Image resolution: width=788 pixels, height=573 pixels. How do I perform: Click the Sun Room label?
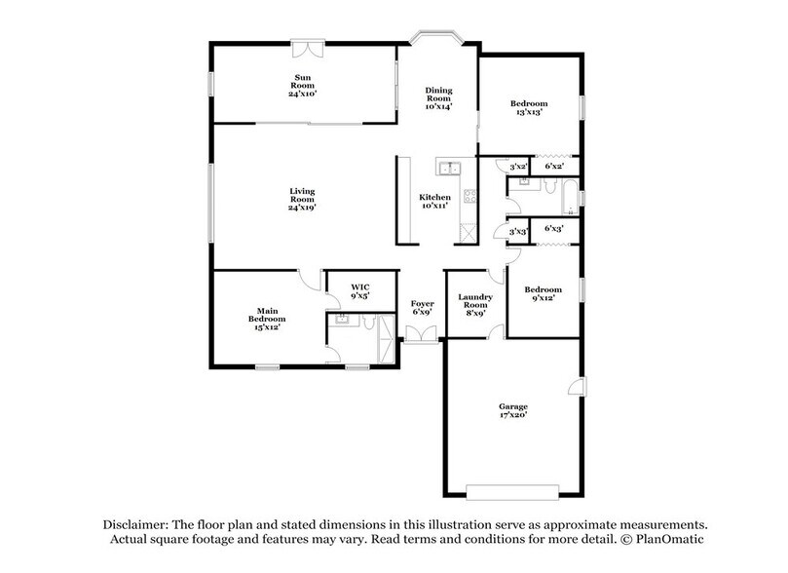pyautogui.click(x=304, y=81)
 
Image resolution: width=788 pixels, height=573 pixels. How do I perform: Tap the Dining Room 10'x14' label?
pyautogui.click(x=438, y=96)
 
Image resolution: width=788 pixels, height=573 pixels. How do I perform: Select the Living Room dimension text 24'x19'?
pyautogui.click(x=302, y=208)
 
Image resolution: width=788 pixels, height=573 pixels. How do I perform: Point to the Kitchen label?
pyautogui.click(x=432, y=198)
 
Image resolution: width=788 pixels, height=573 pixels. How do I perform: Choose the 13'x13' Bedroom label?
pyautogui.click(x=529, y=107)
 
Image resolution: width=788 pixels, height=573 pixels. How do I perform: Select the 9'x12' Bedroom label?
pyautogui.click(x=543, y=294)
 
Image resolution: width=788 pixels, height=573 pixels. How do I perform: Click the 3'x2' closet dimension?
pyautogui.click(x=518, y=167)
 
